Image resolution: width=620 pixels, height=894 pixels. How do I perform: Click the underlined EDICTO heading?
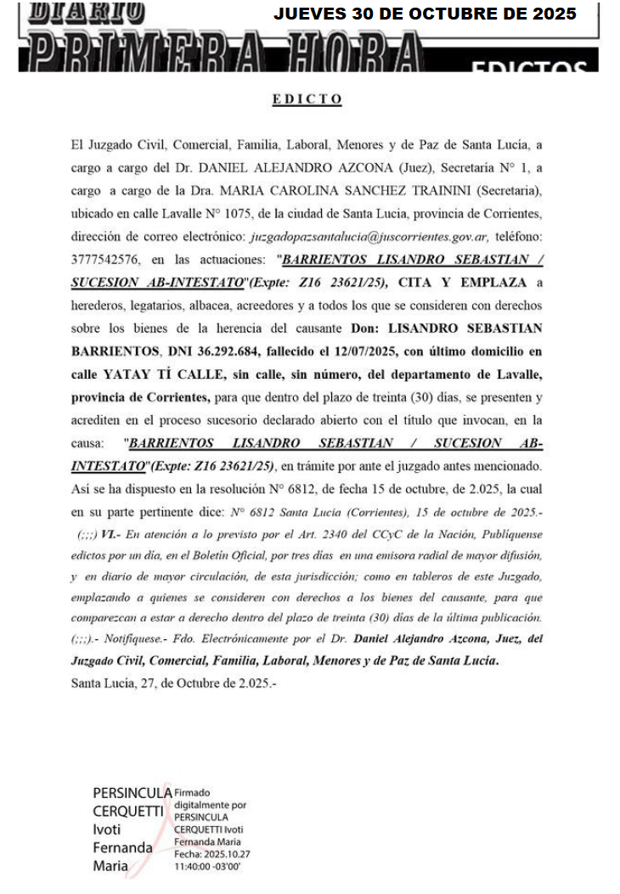point(307,99)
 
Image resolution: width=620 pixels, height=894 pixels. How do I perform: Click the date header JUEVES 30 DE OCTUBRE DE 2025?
point(425,14)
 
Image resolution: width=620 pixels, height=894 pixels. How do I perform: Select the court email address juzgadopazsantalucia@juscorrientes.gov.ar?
point(368,235)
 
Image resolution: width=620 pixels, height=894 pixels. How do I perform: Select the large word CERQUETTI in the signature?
point(127,811)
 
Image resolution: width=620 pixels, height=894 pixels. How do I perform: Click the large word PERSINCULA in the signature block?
point(127,792)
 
